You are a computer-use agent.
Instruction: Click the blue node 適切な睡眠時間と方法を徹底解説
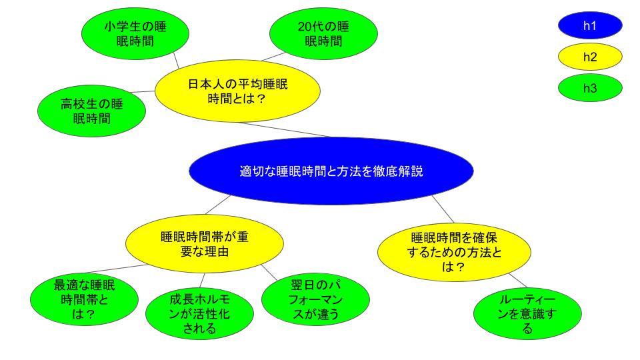(331, 171)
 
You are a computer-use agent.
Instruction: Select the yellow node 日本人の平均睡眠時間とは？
(237, 91)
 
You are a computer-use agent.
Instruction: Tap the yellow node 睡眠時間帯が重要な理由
(205, 244)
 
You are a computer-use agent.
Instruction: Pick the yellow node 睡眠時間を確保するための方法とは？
(454, 252)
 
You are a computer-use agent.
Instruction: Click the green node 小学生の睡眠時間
(135, 33)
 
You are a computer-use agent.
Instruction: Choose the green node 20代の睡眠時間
(323, 33)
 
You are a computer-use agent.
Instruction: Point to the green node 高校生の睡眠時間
(91, 111)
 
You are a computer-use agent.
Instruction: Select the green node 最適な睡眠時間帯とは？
(84, 299)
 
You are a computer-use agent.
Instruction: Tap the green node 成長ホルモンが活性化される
(199, 313)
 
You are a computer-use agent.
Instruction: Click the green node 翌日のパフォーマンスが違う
(315, 299)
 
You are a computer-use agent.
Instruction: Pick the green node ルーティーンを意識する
(527, 313)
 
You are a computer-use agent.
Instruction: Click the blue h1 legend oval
(590, 25)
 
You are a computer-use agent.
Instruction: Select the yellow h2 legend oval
(590, 57)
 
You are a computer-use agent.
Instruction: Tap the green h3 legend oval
(590, 88)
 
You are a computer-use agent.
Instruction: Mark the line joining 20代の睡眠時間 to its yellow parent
(273, 57)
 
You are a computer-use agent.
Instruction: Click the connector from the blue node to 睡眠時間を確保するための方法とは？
(443, 209)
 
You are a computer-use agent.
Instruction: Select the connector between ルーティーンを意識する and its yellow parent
(518, 281)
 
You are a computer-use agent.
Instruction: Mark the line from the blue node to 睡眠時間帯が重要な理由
(218, 205)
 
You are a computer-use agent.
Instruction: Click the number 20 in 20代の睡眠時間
(305, 27)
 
